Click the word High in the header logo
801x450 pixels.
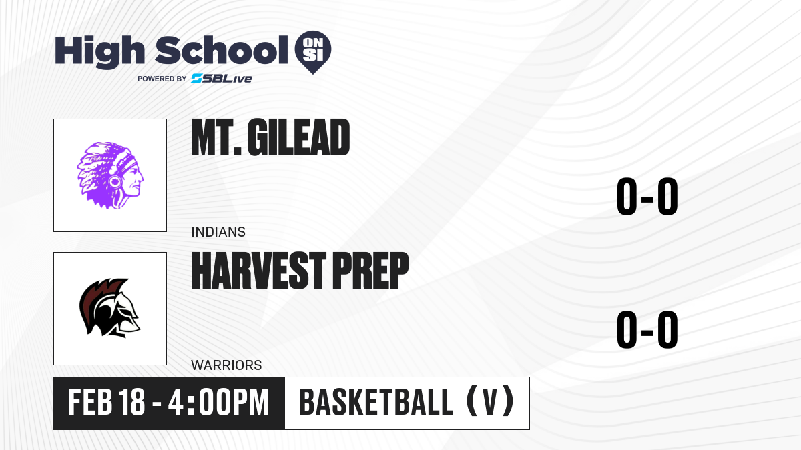[99, 52]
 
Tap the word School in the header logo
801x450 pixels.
[222, 50]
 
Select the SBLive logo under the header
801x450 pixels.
[222, 79]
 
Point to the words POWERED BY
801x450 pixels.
[162, 79]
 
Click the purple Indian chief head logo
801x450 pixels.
[110, 175]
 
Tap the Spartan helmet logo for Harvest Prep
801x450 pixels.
[109, 308]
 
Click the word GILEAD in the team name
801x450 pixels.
[298, 137]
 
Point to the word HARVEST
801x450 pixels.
[259, 271]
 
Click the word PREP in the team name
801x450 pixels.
[371, 271]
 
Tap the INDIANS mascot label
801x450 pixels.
[218, 232]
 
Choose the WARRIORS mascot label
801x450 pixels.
[226, 365]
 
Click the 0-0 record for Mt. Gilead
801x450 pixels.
[647, 197]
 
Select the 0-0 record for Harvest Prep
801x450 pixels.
[647, 329]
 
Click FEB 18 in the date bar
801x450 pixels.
[107, 402]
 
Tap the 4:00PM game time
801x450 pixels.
[218, 402]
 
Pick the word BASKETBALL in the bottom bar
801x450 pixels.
[376, 402]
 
